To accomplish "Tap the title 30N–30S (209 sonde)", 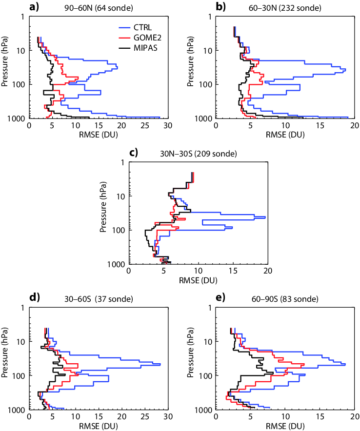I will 198,153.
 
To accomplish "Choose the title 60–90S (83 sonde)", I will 282,298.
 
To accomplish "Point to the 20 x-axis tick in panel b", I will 355,125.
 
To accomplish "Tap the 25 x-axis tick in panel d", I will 144,417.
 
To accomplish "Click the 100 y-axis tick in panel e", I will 207,375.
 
